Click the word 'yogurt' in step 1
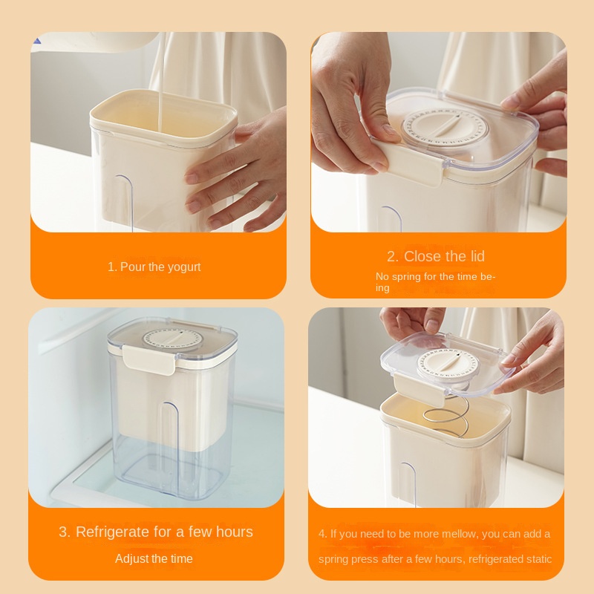(183, 267)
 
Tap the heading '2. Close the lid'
(435, 256)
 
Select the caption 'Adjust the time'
(154, 558)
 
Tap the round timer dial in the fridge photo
(171, 339)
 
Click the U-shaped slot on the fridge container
(171, 431)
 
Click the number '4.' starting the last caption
(323, 534)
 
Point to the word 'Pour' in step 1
(133, 267)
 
